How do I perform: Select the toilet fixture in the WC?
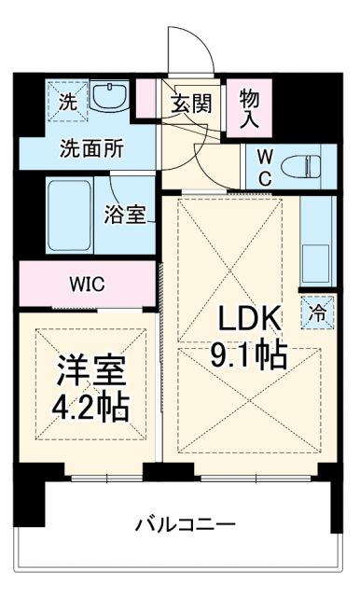point(298,167)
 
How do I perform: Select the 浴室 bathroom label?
point(124,215)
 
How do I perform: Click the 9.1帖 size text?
point(249,354)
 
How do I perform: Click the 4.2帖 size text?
point(90,408)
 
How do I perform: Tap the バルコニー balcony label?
point(183,524)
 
